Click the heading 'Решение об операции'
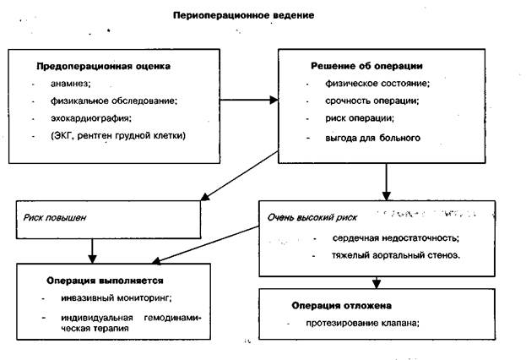coord(362,66)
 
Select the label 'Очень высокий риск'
coord(306,218)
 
